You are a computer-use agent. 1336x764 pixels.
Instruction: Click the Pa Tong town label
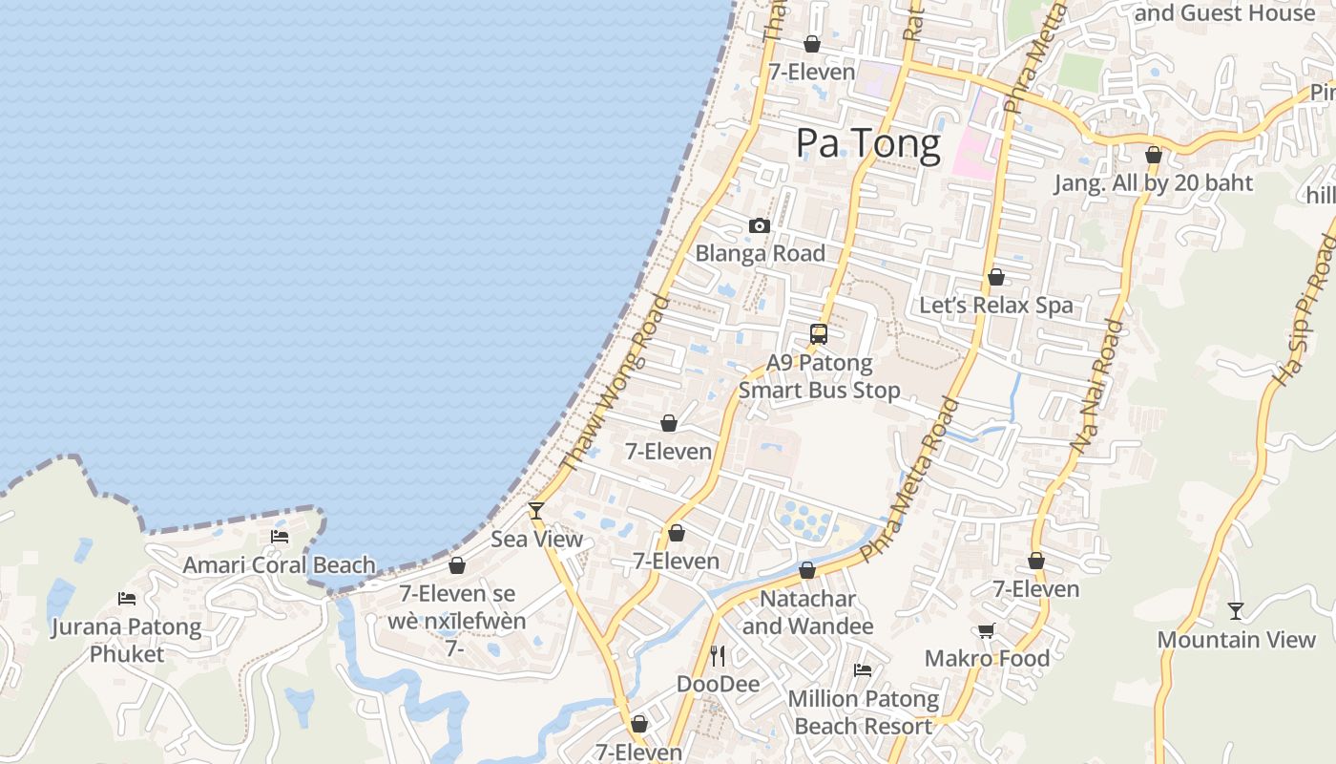[x=867, y=143]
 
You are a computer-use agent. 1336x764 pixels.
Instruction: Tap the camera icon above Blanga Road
[x=760, y=226]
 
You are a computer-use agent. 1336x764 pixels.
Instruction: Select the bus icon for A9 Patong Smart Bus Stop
[x=819, y=334]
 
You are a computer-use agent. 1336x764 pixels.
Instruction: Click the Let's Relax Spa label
[x=995, y=306]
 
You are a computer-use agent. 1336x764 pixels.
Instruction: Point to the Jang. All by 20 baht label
[x=1153, y=183]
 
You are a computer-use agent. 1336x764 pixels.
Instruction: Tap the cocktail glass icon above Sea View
[x=536, y=510]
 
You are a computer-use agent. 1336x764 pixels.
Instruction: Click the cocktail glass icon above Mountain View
[x=1236, y=610]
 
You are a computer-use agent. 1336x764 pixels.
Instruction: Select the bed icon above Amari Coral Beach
[x=280, y=537]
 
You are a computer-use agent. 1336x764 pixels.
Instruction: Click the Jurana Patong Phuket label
[x=127, y=640]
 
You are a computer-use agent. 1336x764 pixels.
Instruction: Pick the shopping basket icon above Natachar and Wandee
[x=807, y=570]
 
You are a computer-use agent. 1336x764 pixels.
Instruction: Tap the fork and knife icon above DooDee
[x=719, y=655]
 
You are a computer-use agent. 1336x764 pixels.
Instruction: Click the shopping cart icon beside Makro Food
[x=987, y=630]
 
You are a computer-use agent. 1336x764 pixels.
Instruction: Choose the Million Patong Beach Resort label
[x=863, y=712]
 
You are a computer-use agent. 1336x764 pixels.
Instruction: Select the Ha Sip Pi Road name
[x=1304, y=310]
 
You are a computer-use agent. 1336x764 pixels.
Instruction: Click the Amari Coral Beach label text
[x=279, y=564]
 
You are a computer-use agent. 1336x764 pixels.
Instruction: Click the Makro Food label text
[x=987, y=658]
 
